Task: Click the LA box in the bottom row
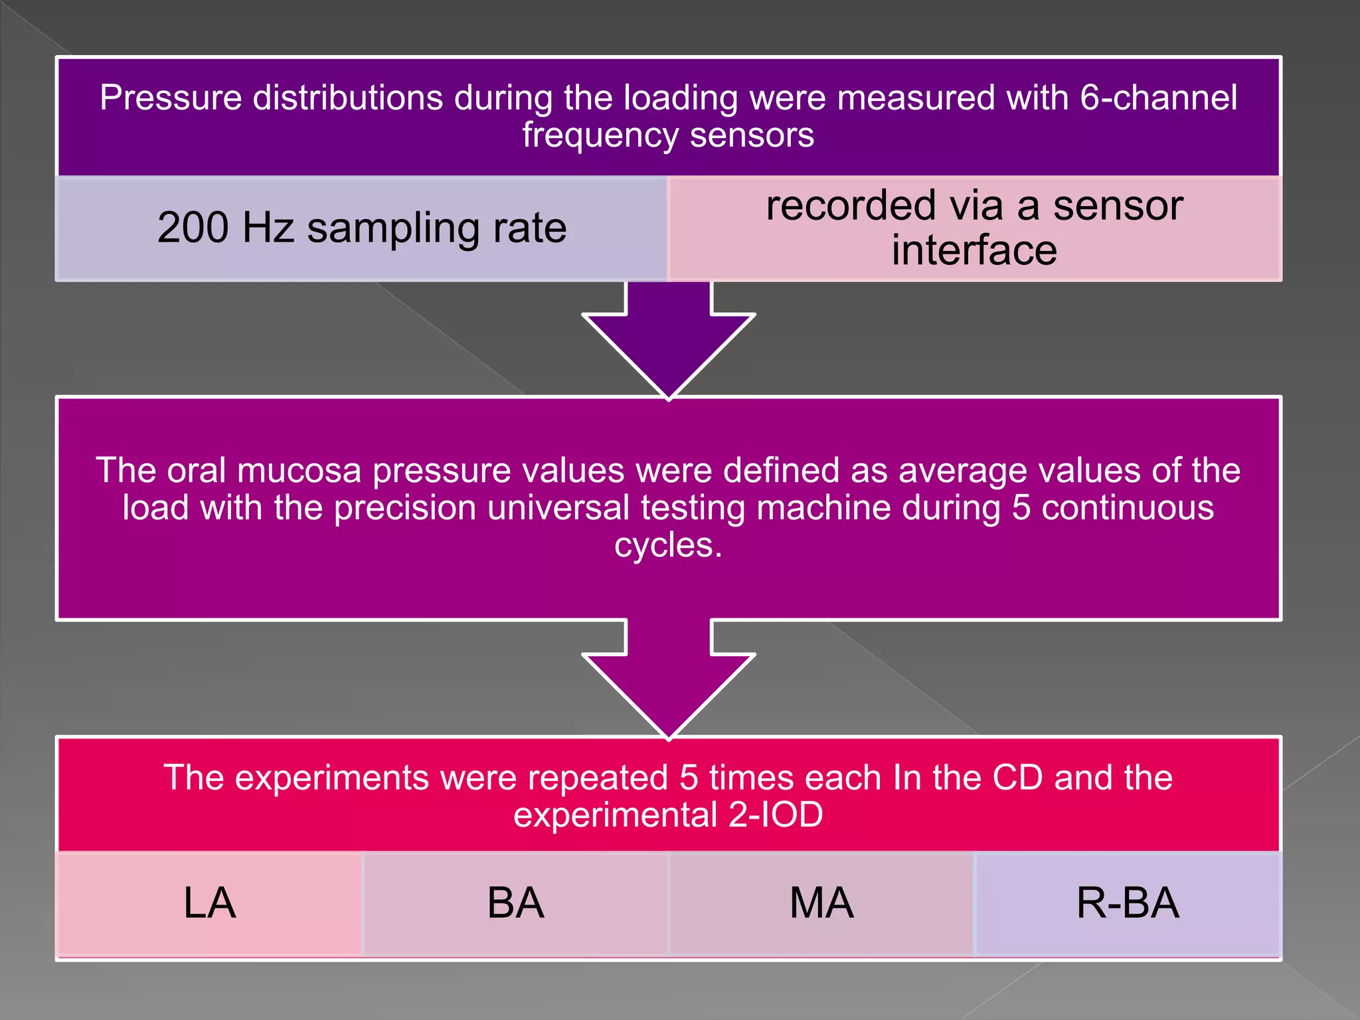[x=210, y=903]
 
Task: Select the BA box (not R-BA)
[x=515, y=903]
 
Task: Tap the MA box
[x=821, y=903]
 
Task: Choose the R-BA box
[x=1128, y=903]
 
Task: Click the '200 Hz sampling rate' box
[x=362, y=228]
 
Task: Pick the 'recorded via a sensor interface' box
[x=974, y=228]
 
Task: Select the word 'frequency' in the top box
[x=600, y=135]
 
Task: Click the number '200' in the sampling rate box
[x=193, y=228]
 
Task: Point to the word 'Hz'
[x=268, y=228]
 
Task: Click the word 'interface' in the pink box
[x=974, y=250]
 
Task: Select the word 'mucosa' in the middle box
[x=299, y=471]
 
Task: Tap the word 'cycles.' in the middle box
[x=668, y=545]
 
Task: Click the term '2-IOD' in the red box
[x=776, y=815]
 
